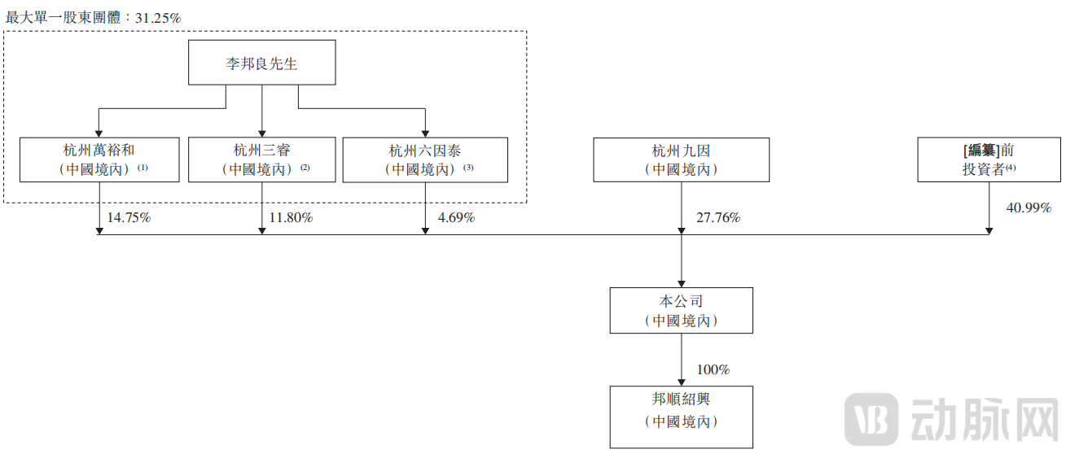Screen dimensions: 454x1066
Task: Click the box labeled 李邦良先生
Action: click(x=261, y=63)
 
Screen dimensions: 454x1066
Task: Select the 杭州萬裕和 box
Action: click(x=99, y=159)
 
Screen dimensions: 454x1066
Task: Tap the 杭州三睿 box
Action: click(x=261, y=159)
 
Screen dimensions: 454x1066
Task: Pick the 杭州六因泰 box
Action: click(x=425, y=159)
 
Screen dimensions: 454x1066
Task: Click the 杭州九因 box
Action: click(x=681, y=159)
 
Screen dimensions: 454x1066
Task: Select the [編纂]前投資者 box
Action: click(x=989, y=159)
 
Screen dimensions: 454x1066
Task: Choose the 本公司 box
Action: click(x=681, y=310)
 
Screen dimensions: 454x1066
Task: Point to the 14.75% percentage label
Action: click(x=129, y=218)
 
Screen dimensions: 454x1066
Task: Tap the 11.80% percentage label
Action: click(x=291, y=218)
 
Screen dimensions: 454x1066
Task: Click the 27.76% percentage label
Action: click(x=717, y=218)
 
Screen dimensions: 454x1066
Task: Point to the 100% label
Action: click(x=713, y=369)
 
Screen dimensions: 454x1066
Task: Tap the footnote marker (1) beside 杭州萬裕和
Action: click(x=143, y=168)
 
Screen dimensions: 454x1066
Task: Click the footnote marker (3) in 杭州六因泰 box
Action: click(x=468, y=168)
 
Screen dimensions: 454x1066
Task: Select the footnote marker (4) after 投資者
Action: click(x=1011, y=168)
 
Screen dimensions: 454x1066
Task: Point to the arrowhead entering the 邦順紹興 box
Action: click(x=681, y=382)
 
